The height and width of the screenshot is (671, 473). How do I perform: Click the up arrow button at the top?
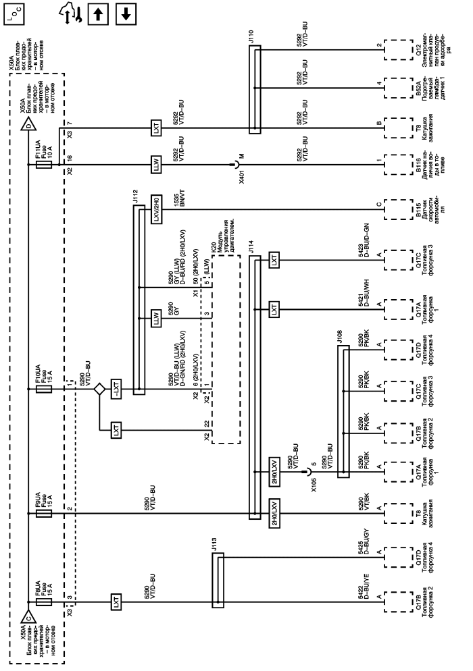coord(98,14)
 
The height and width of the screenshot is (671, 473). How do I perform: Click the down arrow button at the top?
coord(126,14)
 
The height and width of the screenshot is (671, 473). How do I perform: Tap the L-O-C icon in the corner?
coord(14,14)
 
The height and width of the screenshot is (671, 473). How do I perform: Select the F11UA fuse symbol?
coord(43,164)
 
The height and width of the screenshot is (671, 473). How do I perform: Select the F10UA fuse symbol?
coord(43,389)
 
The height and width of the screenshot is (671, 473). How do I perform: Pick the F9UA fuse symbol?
coord(43,513)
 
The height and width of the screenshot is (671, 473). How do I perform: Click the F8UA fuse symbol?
coord(43,602)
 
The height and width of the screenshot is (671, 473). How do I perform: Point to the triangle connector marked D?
coord(28,126)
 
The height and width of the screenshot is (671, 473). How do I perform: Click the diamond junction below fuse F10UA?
coord(99,389)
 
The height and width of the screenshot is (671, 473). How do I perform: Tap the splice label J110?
coord(251,36)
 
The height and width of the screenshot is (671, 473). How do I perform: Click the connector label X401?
coord(242,177)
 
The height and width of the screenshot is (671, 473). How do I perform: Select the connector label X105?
coord(314,485)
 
